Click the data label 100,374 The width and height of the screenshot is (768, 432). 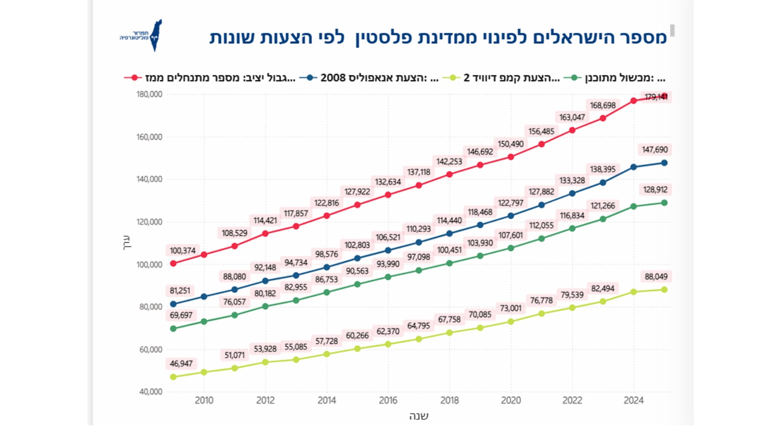182,251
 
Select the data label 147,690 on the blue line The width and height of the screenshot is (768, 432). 655,150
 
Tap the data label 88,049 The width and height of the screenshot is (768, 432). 656,276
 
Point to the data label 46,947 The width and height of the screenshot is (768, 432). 181,363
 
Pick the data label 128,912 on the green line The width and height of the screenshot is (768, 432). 655,190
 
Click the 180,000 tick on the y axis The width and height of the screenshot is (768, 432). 149,95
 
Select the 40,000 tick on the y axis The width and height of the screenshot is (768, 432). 151,392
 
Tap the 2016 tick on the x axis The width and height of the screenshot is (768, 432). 388,400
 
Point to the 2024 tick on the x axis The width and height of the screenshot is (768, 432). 633,400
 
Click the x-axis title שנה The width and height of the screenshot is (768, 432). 419,416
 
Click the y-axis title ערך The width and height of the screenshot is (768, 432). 127,242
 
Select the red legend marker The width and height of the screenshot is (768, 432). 133,78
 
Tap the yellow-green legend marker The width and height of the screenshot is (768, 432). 451,78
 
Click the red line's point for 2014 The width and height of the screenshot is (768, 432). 327,216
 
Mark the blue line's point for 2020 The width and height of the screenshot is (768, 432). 511,216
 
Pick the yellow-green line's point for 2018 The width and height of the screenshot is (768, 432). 449,333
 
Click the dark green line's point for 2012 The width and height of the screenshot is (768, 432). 265,306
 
